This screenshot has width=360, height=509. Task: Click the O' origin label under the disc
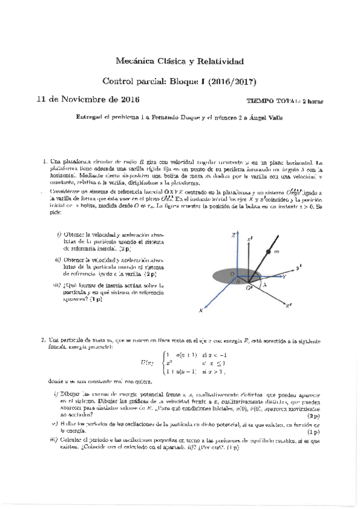click(x=248, y=289)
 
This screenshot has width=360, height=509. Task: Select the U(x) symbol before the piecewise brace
click(x=147, y=363)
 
